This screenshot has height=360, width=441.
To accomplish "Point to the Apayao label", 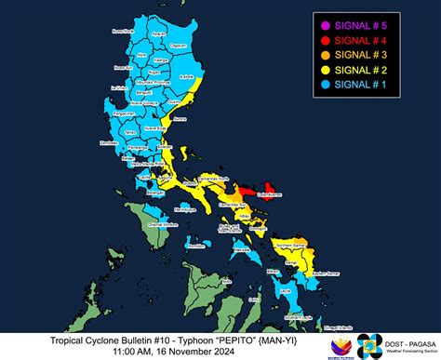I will (x=165, y=41).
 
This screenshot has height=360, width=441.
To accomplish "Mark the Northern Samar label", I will (x=290, y=241).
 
